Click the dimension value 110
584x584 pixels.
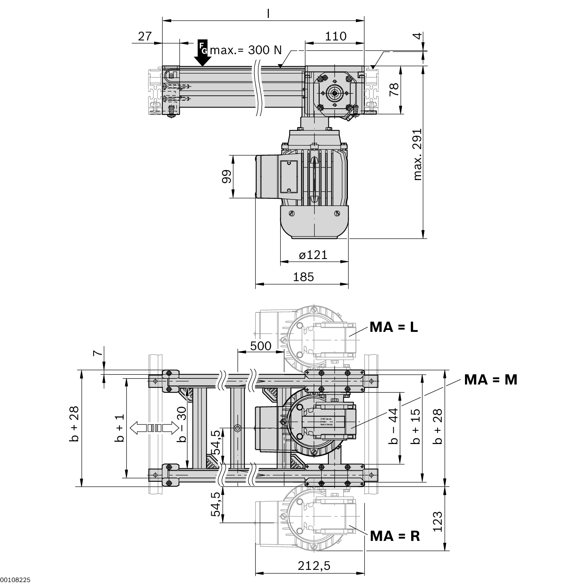click(x=335, y=36)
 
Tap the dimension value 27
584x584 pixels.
click(x=145, y=36)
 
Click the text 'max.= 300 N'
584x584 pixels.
click(x=246, y=50)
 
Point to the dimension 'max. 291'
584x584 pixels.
click(x=418, y=154)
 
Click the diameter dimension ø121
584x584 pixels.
click(x=313, y=254)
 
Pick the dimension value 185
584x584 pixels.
click(x=303, y=277)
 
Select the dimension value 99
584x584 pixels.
click(x=227, y=177)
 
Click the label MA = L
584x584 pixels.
click(x=394, y=327)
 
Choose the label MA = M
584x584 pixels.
click(x=491, y=380)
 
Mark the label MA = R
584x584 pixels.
click(x=395, y=536)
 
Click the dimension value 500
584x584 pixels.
click(x=261, y=346)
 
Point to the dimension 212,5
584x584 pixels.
click(x=314, y=566)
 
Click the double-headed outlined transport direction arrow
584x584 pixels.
click(x=154, y=428)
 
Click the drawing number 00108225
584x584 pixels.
click(x=15, y=580)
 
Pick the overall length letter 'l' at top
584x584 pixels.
click(x=268, y=13)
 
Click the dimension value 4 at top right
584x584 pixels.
click(x=418, y=36)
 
